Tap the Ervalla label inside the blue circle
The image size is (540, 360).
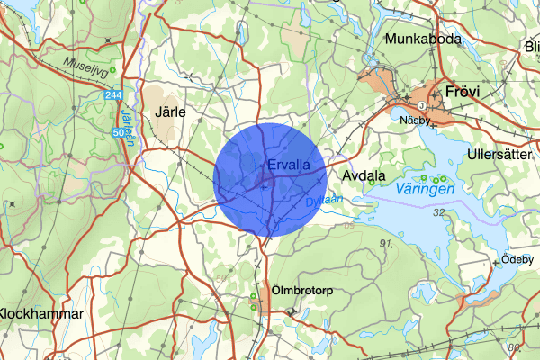pyautogui.click(x=289, y=166)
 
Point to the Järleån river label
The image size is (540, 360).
pyautogui.click(x=126, y=120)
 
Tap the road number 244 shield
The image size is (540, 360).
pyautogui.click(x=138, y=94)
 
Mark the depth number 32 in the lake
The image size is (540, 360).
pyautogui.click(x=439, y=212)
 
